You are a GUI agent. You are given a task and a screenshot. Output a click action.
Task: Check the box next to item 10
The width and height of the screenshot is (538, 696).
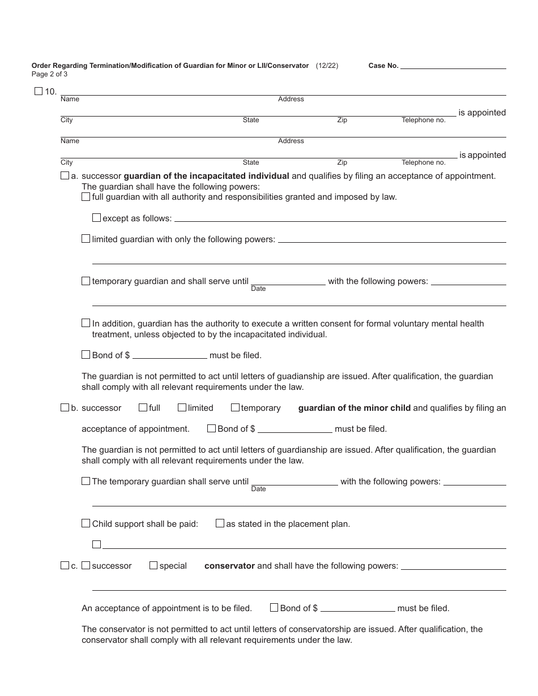click(39, 91)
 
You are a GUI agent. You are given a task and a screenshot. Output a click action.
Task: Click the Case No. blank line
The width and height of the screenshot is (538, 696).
click(453, 66)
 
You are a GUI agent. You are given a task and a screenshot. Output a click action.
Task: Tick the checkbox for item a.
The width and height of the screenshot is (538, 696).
click(65, 176)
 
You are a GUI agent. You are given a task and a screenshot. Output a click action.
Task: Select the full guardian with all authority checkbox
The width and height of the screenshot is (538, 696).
click(86, 197)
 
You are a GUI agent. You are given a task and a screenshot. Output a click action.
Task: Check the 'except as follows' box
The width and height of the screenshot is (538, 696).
click(96, 218)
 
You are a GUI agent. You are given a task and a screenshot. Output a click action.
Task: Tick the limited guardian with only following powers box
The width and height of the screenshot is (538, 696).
click(86, 239)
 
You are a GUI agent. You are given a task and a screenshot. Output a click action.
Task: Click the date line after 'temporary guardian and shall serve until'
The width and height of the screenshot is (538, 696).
click(288, 282)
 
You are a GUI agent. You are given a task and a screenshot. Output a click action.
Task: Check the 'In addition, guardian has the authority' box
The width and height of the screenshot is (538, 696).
click(86, 323)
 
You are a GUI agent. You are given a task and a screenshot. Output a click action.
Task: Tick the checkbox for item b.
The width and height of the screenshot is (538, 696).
click(65, 407)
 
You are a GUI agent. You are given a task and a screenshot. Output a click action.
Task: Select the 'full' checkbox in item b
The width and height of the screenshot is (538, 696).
click(143, 407)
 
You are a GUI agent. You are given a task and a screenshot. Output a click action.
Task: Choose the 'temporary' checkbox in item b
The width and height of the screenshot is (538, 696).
click(235, 407)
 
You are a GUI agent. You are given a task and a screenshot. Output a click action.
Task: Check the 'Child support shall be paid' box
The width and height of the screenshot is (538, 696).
click(86, 523)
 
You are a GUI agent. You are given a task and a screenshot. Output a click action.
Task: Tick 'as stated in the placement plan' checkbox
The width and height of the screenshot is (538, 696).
click(220, 523)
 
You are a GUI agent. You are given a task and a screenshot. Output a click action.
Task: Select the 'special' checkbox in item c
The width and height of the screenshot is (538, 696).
click(153, 565)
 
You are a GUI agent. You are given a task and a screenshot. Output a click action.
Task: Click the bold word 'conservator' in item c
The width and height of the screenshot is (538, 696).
click(229, 566)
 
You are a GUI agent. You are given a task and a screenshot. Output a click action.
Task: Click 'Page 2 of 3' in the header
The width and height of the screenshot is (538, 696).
click(49, 74)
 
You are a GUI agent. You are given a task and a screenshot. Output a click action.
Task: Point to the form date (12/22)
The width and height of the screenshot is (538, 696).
click(327, 66)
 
